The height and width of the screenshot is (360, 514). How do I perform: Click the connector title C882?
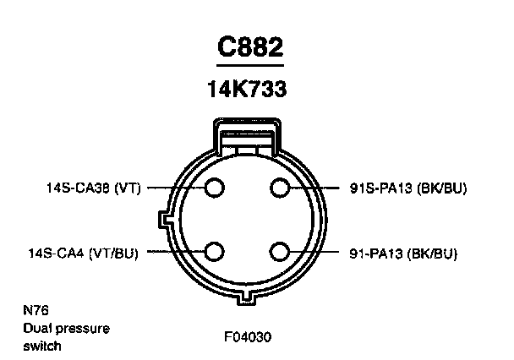click(x=250, y=47)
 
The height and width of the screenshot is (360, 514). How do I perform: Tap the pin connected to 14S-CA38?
click(x=215, y=188)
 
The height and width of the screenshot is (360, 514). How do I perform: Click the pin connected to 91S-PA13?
click(x=281, y=188)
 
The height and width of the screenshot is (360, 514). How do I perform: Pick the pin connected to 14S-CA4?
click(x=215, y=252)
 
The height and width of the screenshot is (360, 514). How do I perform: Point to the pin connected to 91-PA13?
click(x=281, y=252)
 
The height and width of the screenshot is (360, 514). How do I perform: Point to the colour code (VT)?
click(x=127, y=188)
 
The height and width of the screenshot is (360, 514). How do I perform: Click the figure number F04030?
click(x=249, y=335)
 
